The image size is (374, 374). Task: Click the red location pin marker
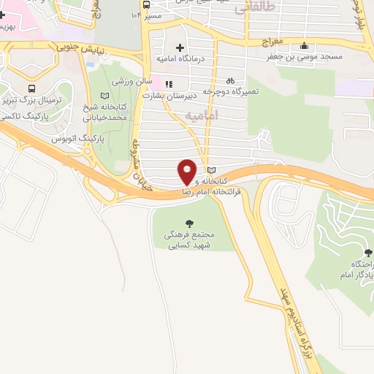187,171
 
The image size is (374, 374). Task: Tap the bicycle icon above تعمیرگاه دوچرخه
231,81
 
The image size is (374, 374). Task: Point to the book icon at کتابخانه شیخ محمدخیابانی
104,96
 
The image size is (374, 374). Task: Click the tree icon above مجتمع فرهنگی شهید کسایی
190,224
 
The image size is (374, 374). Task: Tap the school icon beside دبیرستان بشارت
169,83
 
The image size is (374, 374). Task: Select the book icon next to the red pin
212,170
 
